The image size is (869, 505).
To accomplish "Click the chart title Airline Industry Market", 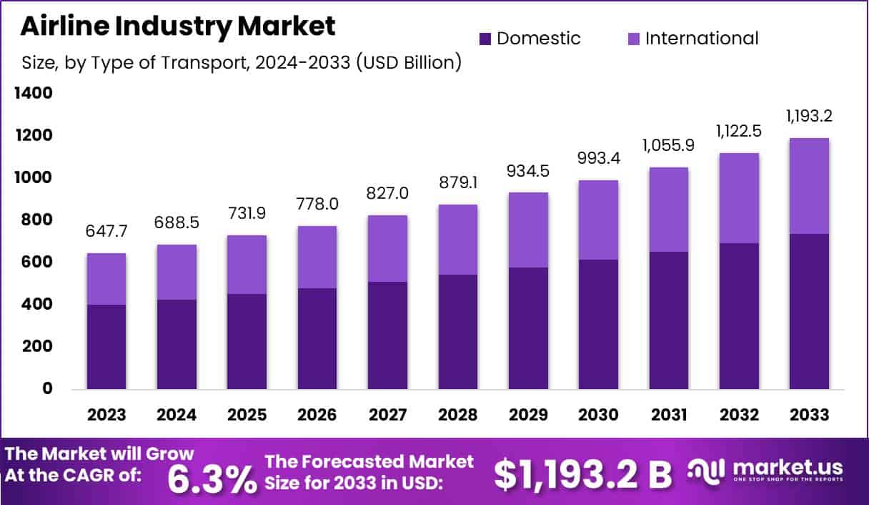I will [x=178, y=26].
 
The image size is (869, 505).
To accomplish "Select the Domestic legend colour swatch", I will [x=485, y=38].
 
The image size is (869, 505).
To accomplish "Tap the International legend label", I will [x=701, y=38].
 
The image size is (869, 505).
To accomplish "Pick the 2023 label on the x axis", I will [x=106, y=416].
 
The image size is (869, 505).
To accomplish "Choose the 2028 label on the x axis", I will [x=457, y=416].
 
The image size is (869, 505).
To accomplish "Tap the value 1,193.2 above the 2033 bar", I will [x=809, y=117].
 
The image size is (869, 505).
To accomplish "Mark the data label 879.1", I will [x=457, y=184].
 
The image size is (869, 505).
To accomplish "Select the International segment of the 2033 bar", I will [x=809, y=185].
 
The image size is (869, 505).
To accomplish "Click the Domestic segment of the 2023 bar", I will [x=106, y=347].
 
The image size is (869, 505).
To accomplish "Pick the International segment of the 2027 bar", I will [x=387, y=248].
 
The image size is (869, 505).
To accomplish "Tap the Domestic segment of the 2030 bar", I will [x=598, y=324].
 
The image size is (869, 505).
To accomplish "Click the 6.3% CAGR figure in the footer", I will [x=212, y=479].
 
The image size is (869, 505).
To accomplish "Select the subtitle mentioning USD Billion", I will [x=241, y=63].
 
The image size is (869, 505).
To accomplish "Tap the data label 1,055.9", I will [x=668, y=145].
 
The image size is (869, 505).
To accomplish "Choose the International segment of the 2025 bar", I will [x=247, y=264].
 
